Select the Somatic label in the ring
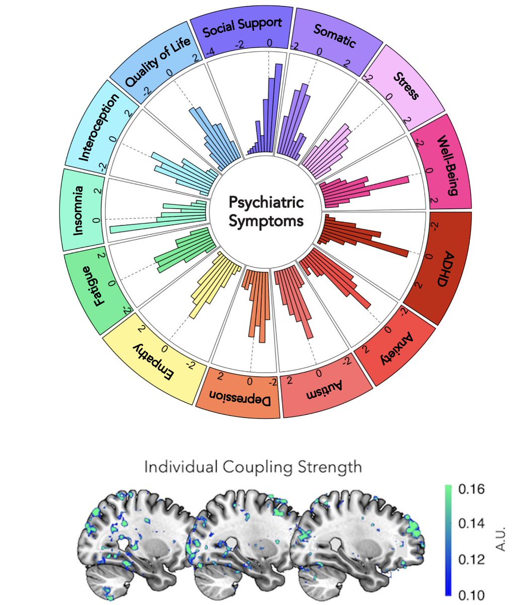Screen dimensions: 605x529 (x=334, y=36)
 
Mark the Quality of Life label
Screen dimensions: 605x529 (x=157, y=61)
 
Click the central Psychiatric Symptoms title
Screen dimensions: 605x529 (x=266, y=211)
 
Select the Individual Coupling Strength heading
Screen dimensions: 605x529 (x=253, y=467)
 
